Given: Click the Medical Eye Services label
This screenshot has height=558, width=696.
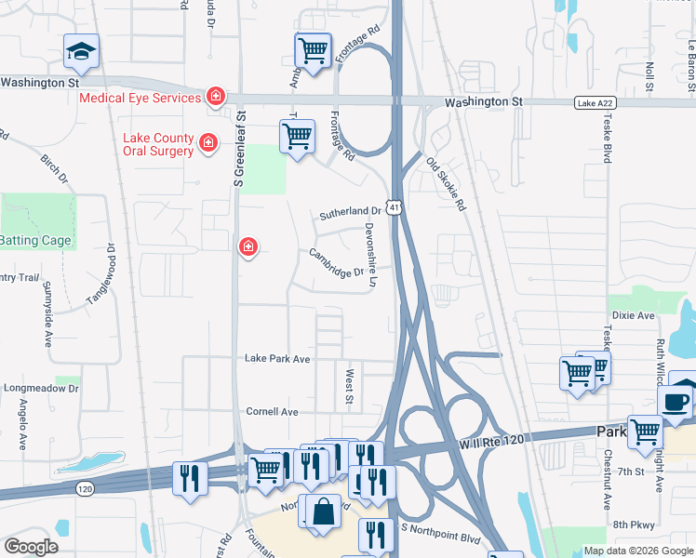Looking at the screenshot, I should [140, 98].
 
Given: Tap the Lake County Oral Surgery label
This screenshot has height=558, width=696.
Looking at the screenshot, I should [158, 144].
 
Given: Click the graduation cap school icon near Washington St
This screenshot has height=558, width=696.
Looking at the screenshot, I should [81, 51].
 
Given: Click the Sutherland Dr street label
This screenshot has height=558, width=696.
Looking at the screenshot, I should [350, 213].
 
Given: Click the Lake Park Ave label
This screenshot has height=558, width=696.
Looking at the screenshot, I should [276, 358].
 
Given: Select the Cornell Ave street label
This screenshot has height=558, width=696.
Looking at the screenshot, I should [272, 411].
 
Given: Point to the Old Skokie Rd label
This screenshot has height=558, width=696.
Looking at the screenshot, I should [446, 184].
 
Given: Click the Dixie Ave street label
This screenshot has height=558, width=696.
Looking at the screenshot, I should [634, 316].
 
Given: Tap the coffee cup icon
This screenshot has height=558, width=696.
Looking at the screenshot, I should [674, 402].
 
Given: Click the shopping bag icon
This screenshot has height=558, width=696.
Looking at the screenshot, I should [323, 511].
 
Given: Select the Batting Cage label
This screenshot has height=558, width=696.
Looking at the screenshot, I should [35, 241].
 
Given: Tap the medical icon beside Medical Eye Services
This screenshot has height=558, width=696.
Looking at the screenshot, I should [215, 97].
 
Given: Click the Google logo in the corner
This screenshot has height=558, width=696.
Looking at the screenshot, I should [32, 546].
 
